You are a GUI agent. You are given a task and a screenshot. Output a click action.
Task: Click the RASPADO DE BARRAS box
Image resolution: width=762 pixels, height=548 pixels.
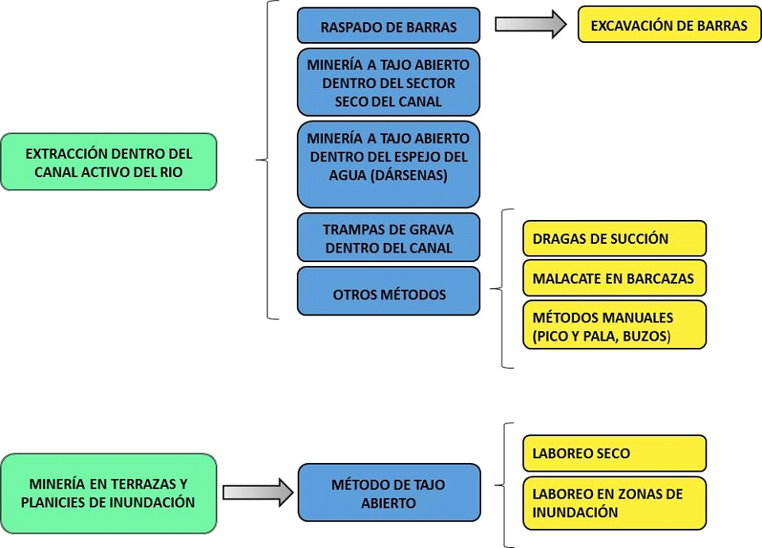(388, 26)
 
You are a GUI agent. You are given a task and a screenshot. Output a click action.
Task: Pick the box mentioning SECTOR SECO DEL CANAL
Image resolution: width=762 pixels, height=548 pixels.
(388, 83)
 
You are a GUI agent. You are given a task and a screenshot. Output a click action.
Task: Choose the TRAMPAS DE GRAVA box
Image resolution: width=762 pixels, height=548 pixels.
(388, 238)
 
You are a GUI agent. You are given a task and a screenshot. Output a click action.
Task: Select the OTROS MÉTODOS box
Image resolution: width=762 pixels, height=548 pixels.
(388, 294)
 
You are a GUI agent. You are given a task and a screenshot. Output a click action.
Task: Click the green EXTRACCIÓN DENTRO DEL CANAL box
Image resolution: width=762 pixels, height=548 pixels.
(109, 162)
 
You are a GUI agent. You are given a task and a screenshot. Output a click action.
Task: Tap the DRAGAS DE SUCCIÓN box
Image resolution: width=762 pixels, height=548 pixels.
(614, 238)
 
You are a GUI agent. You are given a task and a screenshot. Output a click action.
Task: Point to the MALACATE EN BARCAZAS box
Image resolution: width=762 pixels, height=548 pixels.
(614, 279)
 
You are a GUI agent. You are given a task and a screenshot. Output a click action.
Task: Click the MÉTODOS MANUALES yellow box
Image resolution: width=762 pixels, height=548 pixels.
(614, 326)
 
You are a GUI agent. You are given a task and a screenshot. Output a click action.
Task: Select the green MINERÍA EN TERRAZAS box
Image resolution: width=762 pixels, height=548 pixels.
(109, 492)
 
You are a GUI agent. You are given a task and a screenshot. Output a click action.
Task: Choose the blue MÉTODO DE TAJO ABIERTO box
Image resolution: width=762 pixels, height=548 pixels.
(388, 493)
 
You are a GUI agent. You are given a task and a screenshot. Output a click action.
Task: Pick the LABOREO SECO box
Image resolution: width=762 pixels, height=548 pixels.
(614, 453)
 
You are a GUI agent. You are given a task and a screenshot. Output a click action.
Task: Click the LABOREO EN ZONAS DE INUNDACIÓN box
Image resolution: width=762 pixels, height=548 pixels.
(614, 503)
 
